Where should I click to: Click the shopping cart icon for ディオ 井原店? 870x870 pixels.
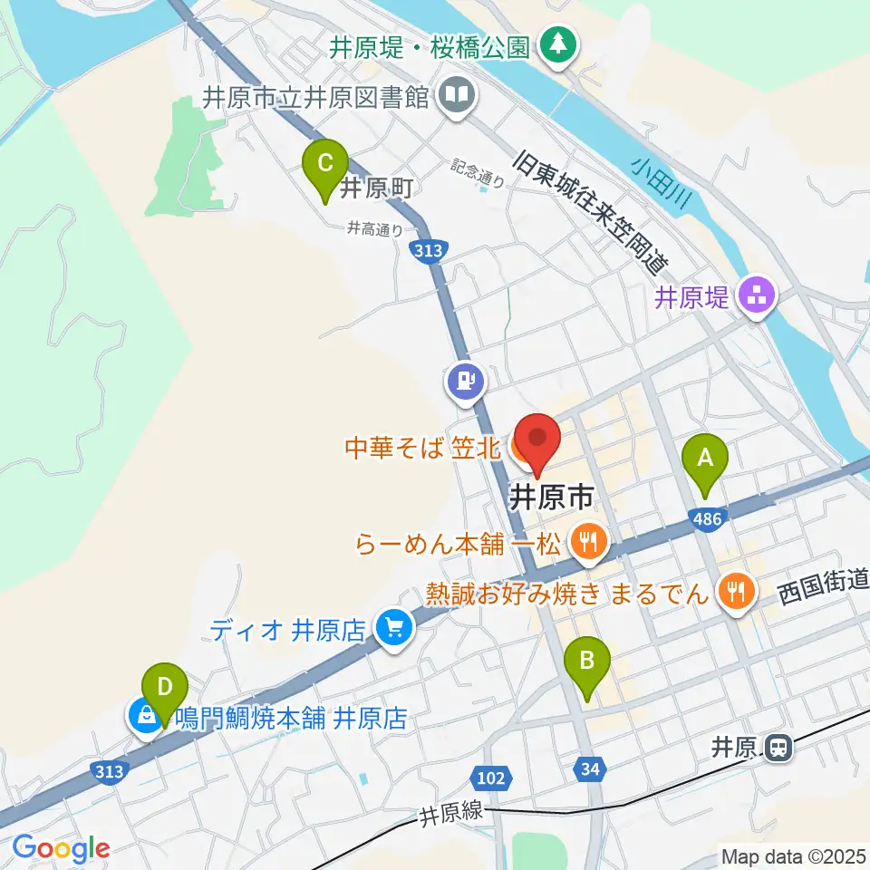tap(393, 628)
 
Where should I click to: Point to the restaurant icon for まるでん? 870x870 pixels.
tap(732, 594)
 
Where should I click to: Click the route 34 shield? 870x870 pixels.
tap(588, 769)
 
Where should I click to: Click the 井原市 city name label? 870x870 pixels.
tap(552, 498)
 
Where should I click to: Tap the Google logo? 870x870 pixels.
tap(61, 848)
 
